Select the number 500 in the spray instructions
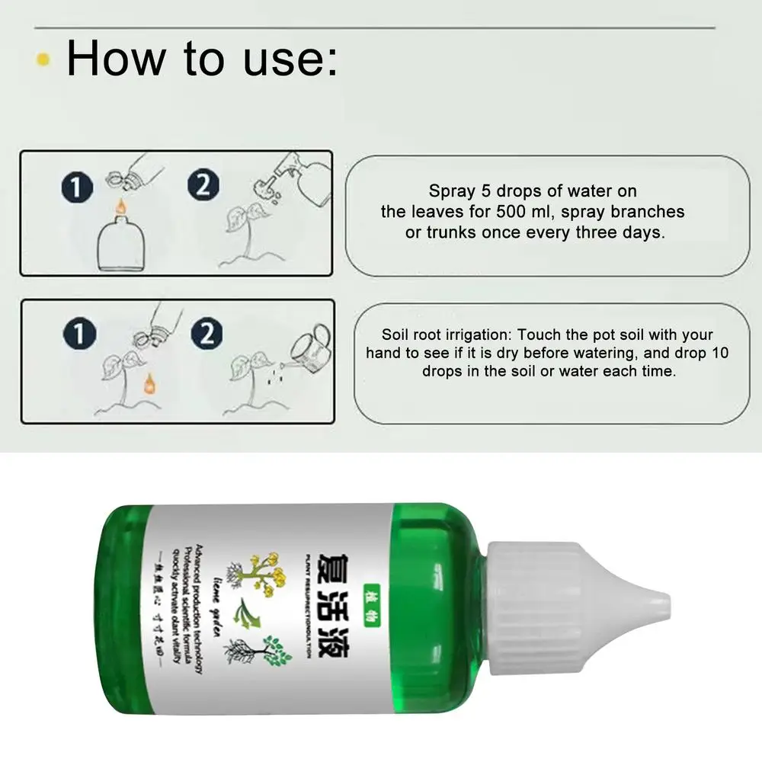[x=513, y=211]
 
